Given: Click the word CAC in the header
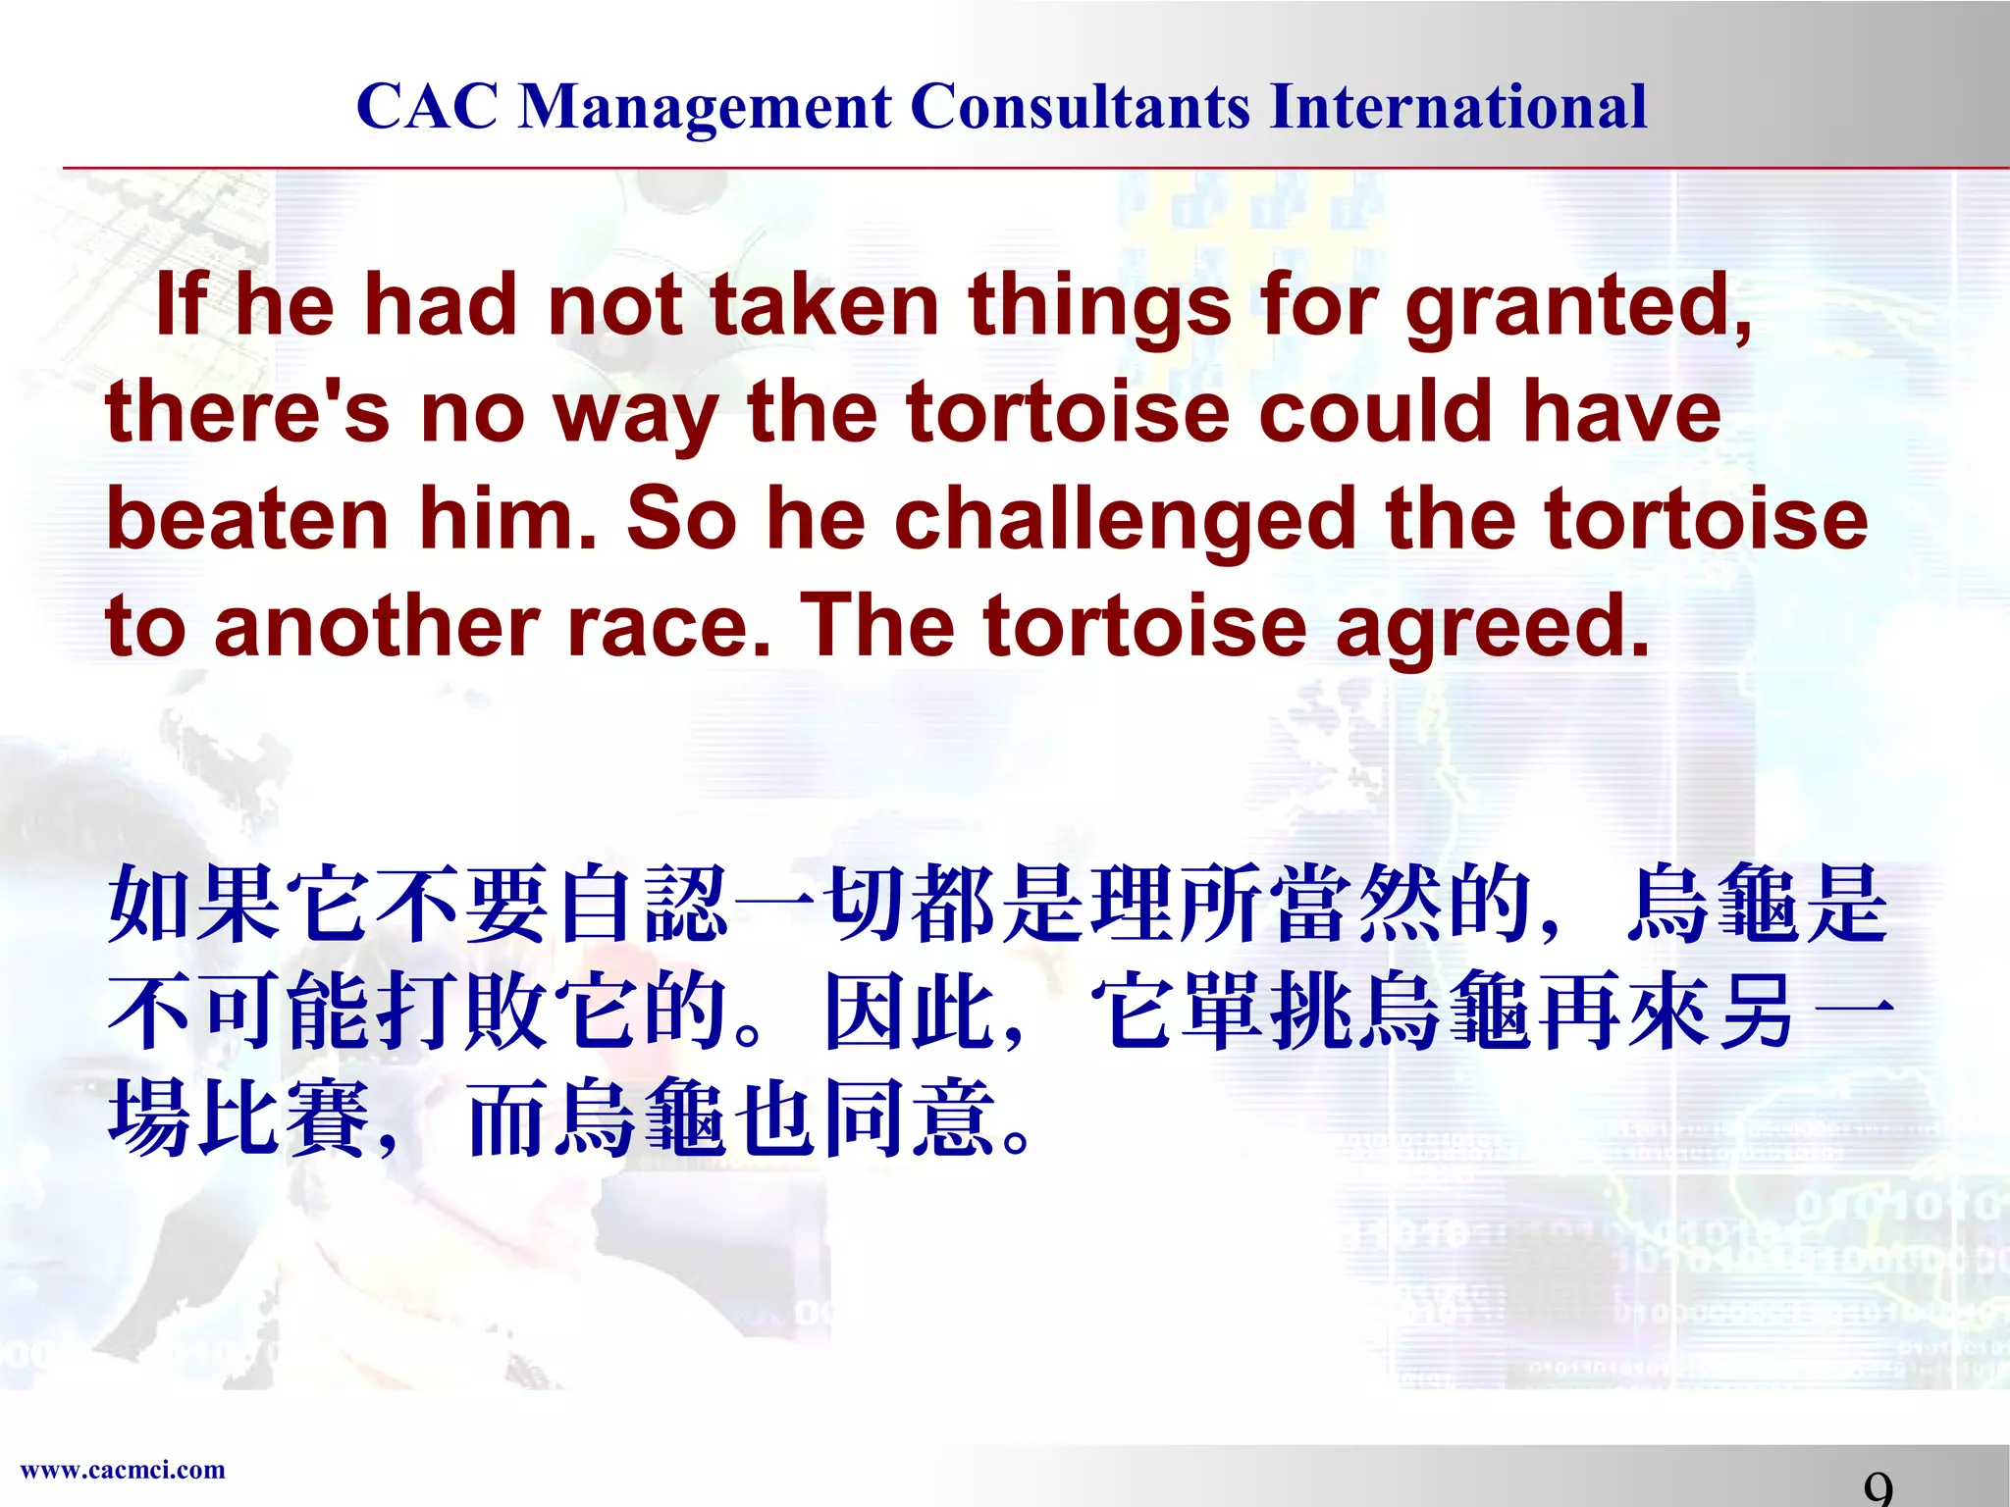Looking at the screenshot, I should pos(427,106).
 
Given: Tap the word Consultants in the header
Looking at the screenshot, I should pos(1080,106).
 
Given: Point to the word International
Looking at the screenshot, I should pos(1457,106).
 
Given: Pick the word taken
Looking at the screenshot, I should pos(824,305).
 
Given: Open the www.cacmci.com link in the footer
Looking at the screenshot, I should pos(123,1470).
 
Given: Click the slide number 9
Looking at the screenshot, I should pos(1878,1489).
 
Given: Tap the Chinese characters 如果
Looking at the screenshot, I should pos(193,904).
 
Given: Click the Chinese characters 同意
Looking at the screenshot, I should pos(908,1117).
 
